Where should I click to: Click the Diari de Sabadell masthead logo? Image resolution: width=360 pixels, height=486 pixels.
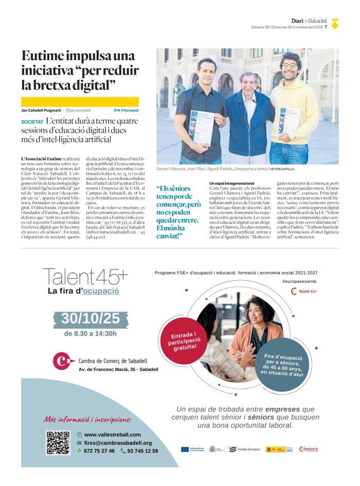[309, 20]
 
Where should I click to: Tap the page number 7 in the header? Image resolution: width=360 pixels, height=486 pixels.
[326, 27]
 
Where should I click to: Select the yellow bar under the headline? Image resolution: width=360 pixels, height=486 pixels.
[80, 102]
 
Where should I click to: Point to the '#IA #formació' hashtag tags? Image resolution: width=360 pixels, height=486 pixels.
[126, 111]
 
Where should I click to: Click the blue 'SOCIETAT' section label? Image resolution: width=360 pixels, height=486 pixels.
[32, 122]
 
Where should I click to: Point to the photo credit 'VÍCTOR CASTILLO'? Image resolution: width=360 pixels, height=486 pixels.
[283, 169]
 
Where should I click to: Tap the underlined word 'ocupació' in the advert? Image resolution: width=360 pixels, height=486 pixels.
[101, 291]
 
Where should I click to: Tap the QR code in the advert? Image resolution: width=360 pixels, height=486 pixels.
[58, 442]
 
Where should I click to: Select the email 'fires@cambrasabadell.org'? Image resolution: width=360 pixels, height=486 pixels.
[118, 443]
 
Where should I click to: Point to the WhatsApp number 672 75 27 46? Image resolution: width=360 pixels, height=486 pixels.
[99, 451]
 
